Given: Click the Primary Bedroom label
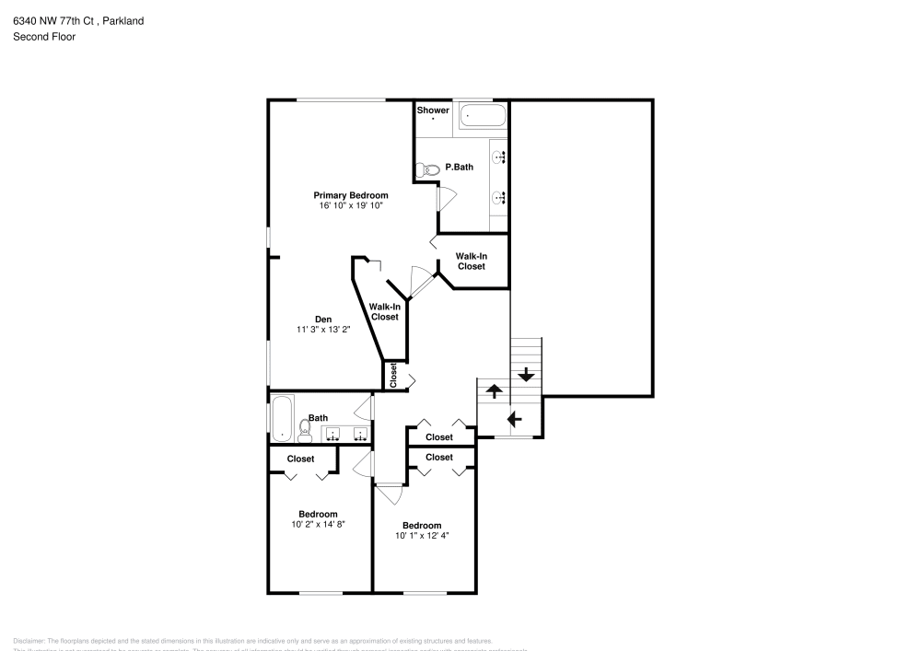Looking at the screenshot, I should pyautogui.click(x=350, y=195).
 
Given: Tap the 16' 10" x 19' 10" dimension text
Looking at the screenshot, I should pyautogui.click(x=350, y=206).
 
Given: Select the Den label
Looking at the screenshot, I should pyautogui.click(x=323, y=319).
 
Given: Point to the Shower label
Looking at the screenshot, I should pyautogui.click(x=433, y=110).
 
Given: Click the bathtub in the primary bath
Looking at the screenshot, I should pyautogui.click(x=483, y=117).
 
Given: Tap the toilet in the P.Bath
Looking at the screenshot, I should pyautogui.click(x=428, y=169).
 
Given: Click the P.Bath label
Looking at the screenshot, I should pyautogui.click(x=459, y=168).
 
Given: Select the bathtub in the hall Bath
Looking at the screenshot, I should pyautogui.click(x=281, y=417).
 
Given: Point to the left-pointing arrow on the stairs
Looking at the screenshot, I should pyautogui.click(x=513, y=419).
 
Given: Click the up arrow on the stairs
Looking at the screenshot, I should pyautogui.click(x=493, y=390).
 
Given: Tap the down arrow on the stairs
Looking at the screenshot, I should pyautogui.click(x=526, y=375).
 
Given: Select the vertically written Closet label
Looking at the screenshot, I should pyautogui.click(x=393, y=375).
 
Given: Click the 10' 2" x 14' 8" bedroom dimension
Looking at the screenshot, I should pyautogui.click(x=317, y=524).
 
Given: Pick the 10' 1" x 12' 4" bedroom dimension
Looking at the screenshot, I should pyautogui.click(x=422, y=535).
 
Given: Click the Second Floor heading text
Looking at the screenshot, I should pyautogui.click(x=44, y=37).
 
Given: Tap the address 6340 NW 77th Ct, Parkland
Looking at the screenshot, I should pyautogui.click(x=77, y=20).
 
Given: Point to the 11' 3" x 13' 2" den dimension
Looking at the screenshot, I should pyautogui.click(x=323, y=330).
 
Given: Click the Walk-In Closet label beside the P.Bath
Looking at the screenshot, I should pyautogui.click(x=471, y=261).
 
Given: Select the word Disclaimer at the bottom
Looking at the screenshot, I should pyautogui.click(x=29, y=641).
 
